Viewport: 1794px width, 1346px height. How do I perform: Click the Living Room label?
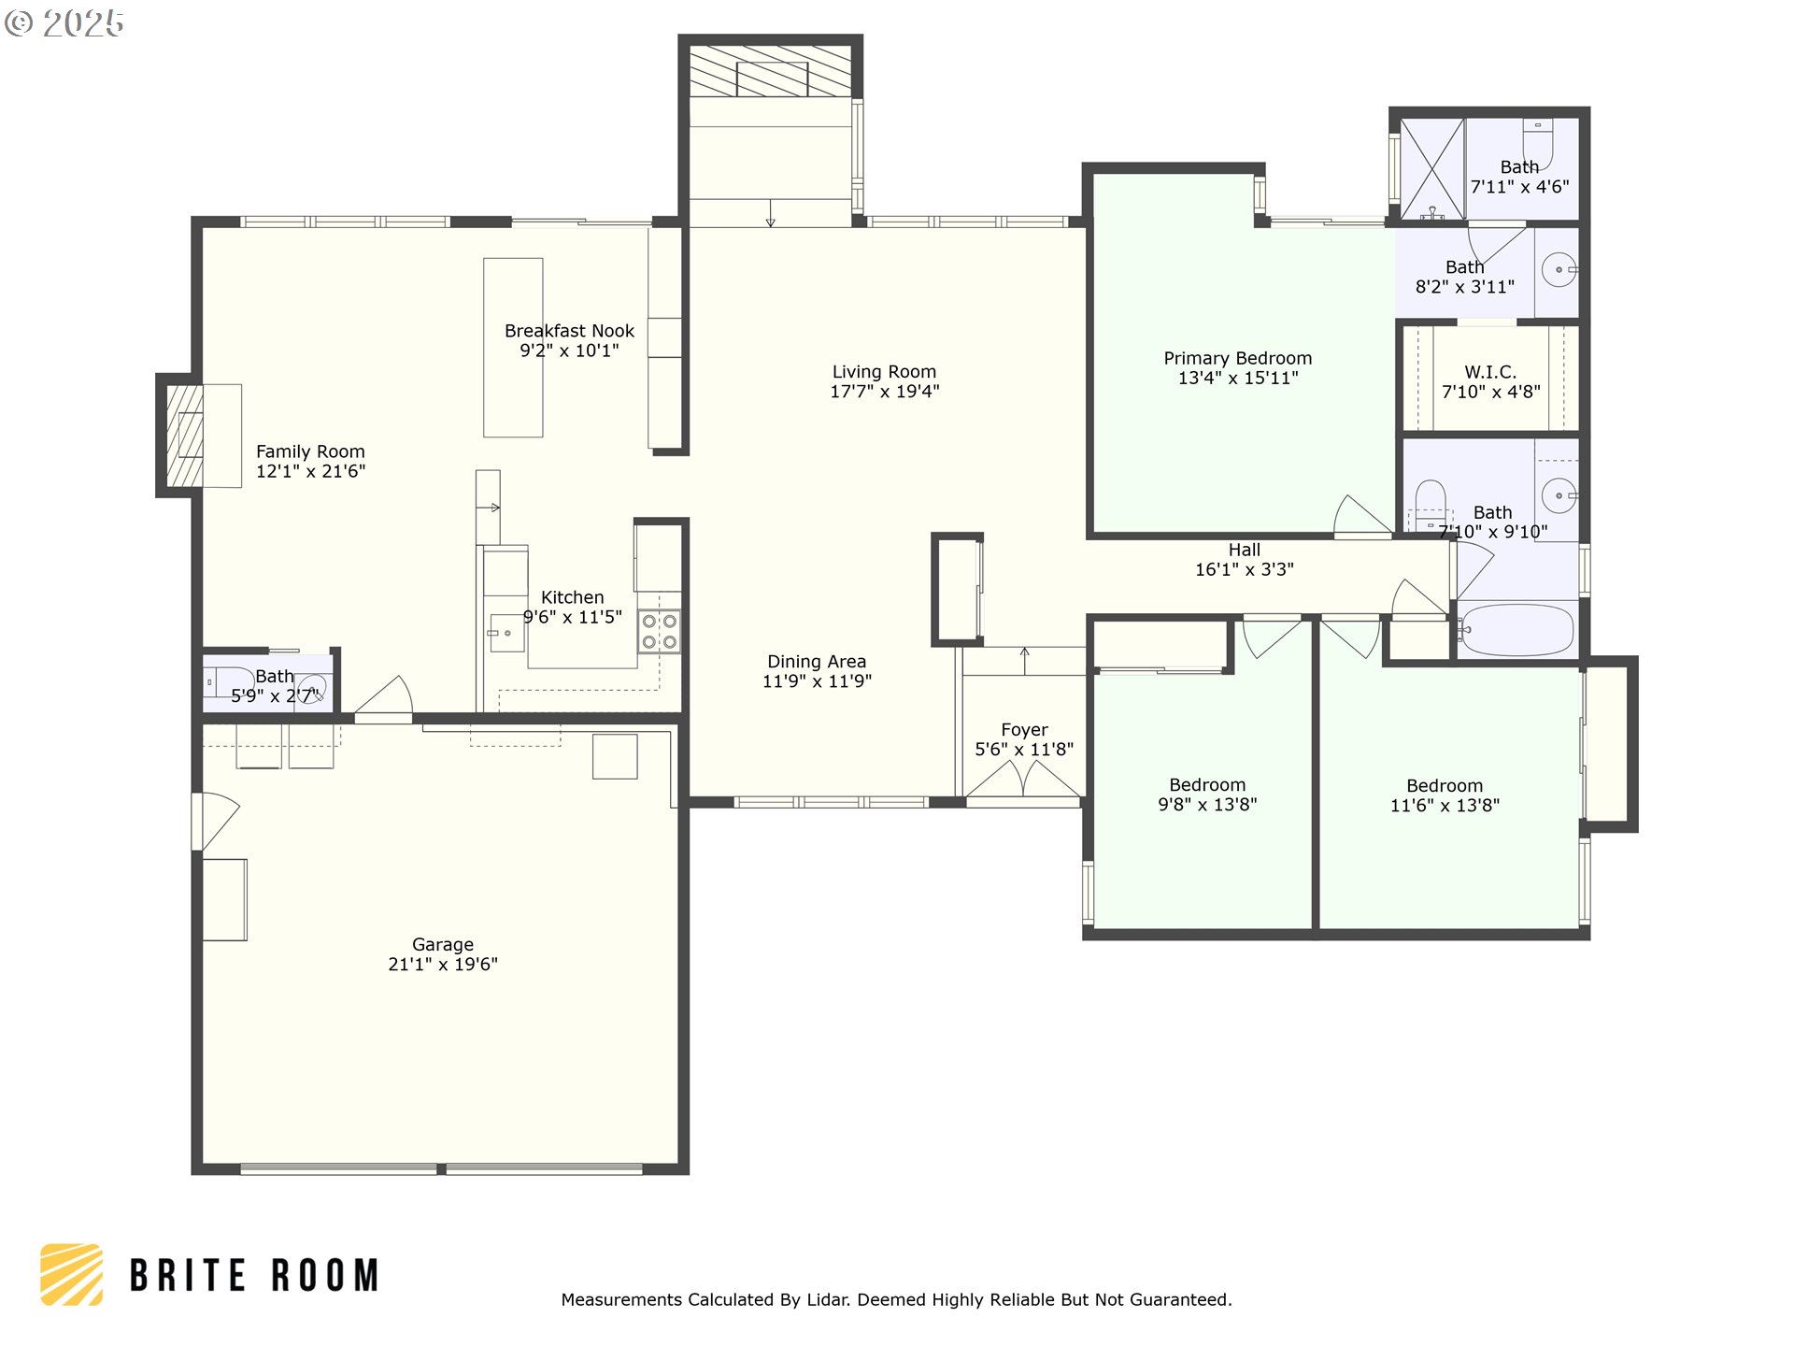[x=884, y=372]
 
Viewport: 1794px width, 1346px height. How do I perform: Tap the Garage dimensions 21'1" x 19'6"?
[x=443, y=965]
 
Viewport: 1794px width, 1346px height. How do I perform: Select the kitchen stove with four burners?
[x=659, y=631]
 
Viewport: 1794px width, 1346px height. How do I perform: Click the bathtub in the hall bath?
[x=1516, y=629]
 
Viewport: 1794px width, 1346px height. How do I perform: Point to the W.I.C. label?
[x=1490, y=372]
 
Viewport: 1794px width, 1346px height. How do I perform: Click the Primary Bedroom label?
[x=1237, y=358]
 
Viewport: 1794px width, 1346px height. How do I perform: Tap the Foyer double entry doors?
[x=1023, y=780]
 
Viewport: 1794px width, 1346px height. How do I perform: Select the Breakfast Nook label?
[x=569, y=331]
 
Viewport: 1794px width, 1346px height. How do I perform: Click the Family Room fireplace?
[x=184, y=436]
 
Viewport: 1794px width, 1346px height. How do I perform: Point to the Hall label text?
[x=1244, y=550]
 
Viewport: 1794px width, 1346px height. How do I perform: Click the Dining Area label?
[x=817, y=662]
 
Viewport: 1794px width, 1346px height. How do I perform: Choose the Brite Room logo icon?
[x=71, y=1274]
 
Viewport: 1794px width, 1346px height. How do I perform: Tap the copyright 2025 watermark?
[x=64, y=23]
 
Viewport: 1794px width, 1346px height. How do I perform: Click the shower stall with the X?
[x=1431, y=169]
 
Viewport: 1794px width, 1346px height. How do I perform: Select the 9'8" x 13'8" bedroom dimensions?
[x=1207, y=805]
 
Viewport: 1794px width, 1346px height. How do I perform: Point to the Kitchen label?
[x=572, y=597]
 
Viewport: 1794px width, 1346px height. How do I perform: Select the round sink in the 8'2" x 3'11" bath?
[x=1559, y=270]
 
